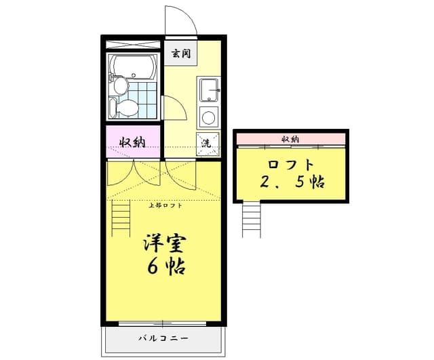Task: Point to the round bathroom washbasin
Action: [120, 85]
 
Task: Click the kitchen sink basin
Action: [208, 88]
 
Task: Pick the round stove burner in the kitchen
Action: [208, 117]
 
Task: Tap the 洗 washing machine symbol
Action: [208, 142]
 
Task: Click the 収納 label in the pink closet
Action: [132, 142]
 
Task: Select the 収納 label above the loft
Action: [290, 139]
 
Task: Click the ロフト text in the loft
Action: [291, 163]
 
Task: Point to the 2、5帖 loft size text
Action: [291, 182]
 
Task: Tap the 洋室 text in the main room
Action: [165, 243]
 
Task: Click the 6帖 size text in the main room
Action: [165, 266]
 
